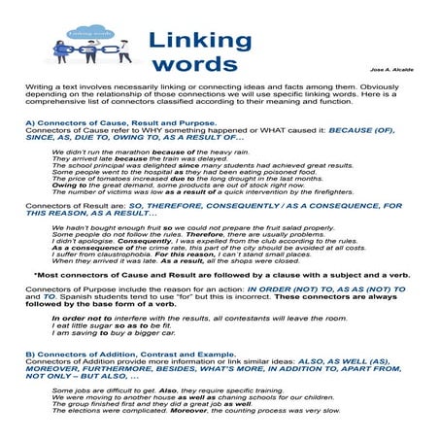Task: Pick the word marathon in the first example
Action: (111, 152)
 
